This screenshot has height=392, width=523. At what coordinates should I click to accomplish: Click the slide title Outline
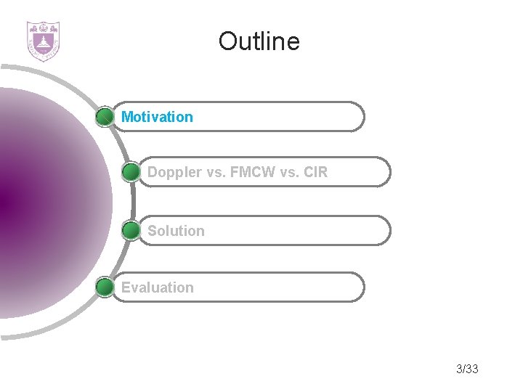pos(259,41)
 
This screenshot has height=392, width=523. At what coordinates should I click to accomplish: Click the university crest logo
pos(43,41)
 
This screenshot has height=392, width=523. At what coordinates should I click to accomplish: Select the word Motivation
pos(157,117)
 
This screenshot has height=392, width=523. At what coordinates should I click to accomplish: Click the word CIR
pos(314,173)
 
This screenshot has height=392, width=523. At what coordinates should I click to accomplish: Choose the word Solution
pos(176,231)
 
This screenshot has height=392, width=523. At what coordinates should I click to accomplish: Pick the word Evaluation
pos(157,287)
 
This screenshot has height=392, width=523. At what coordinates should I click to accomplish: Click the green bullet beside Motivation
pos(105,117)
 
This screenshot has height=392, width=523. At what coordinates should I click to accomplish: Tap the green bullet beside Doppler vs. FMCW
pos(131,173)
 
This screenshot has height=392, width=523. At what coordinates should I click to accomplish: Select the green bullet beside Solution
pos(131,231)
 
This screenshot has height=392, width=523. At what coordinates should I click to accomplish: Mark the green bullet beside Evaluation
pos(105,287)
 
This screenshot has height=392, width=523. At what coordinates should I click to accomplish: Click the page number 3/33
pos(467,369)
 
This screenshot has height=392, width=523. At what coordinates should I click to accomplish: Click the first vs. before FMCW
pos(217,173)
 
